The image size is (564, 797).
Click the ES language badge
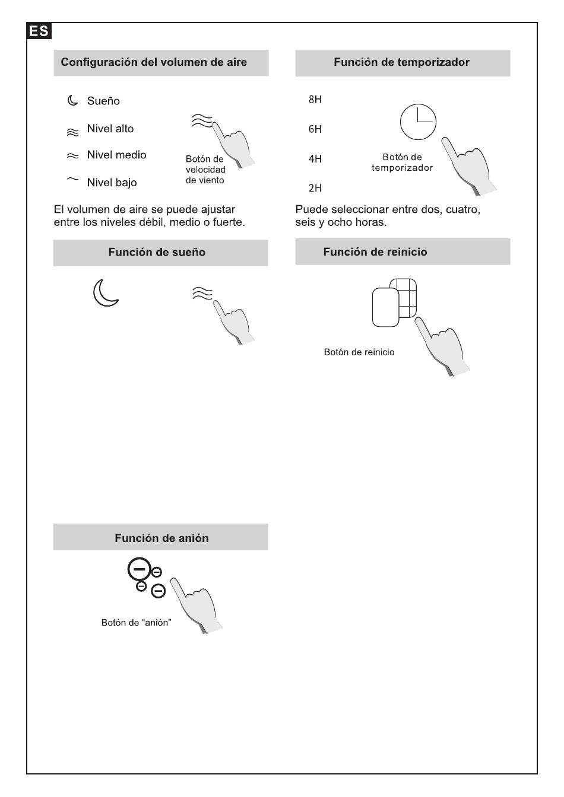pos(39,31)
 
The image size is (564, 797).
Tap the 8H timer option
pos(315,100)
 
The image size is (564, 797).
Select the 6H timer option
pos(315,129)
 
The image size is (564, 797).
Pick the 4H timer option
pos(315,159)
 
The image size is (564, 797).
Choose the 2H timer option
pos(315,189)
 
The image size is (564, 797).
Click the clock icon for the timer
pos(418,122)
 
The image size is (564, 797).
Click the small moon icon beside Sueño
pos(72,100)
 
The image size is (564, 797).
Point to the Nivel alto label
pos(110,129)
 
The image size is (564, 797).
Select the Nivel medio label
pos(116,155)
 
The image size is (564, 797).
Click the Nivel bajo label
pos(112,183)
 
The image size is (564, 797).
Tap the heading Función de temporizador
pos(401,62)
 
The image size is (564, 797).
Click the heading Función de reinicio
pos(375,252)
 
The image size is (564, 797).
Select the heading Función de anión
pos(161,538)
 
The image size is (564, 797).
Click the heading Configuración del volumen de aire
pos(154,62)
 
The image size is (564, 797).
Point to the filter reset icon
pos(394,302)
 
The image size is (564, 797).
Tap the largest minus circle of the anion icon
pos(138,570)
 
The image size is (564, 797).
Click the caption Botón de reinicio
pos(359,352)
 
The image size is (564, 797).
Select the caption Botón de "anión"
pos(136,623)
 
